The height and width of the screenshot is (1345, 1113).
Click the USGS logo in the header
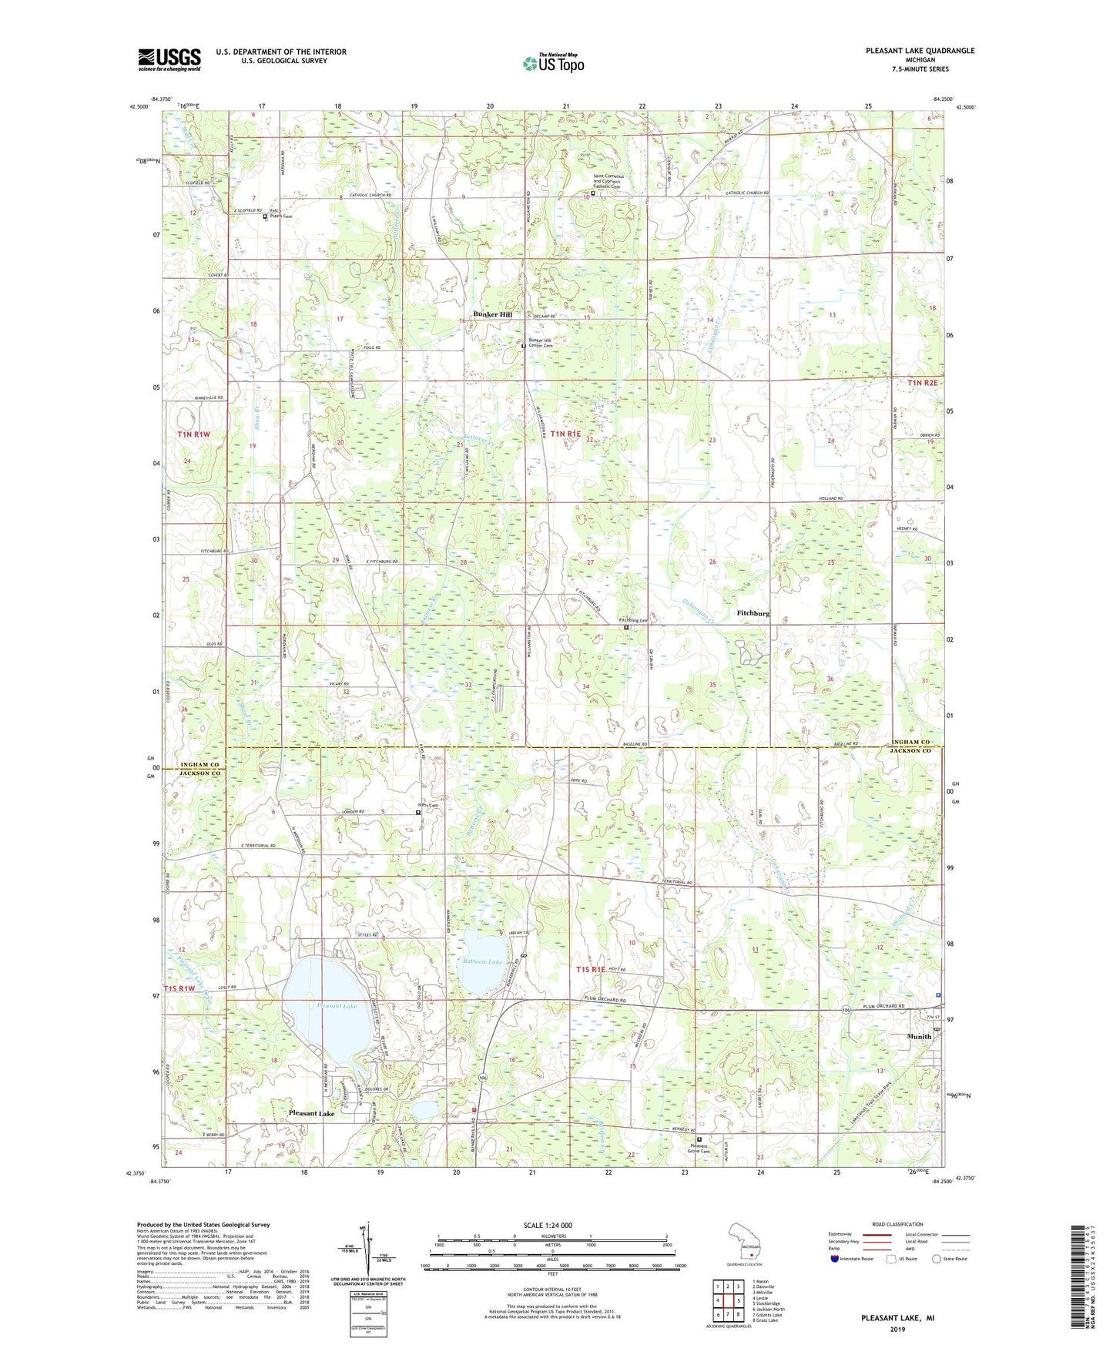click(x=169, y=59)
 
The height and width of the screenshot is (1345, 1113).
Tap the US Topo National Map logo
click(x=552, y=63)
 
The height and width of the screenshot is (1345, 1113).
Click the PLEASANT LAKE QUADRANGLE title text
click(x=919, y=51)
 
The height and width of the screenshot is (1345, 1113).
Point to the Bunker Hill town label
click(x=492, y=315)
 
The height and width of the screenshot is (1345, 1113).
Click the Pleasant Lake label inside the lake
click(x=336, y=1006)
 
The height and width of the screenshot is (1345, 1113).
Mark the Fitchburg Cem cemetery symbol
click(x=626, y=627)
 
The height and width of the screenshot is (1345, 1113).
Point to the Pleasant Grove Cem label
click(x=699, y=1149)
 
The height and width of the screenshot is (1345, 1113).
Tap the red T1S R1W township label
click(x=181, y=988)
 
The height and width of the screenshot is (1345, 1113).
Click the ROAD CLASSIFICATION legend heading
click(x=897, y=1224)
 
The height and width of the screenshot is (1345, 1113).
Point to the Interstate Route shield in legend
click(x=836, y=1259)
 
